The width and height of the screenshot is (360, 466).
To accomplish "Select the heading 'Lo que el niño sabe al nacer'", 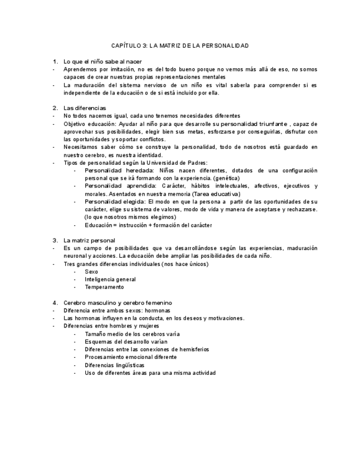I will click(99, 61).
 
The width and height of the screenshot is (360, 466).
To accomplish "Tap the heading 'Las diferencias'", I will click(85, 108).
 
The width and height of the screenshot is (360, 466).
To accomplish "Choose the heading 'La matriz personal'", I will click(90, 240).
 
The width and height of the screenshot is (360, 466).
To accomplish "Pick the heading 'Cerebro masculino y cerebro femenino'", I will click(118, 302).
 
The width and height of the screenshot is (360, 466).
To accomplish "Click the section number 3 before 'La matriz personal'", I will click(55, 240).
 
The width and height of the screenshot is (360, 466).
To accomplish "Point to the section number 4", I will click(55, 302).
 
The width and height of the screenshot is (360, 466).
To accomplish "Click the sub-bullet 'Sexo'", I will click(92, 271).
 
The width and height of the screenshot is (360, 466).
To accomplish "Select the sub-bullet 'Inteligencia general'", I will click(110, 279).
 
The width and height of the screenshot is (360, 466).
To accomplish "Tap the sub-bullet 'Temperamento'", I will click(104, 287).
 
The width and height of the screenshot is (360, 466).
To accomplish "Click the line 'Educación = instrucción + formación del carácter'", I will click(148, 225).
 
